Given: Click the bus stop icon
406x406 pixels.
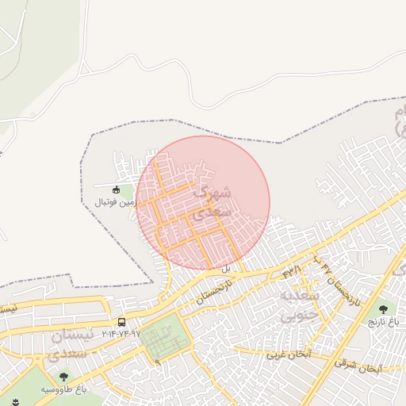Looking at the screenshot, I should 121,322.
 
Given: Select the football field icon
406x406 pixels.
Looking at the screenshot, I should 116,189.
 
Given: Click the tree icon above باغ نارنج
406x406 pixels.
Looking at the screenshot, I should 384,309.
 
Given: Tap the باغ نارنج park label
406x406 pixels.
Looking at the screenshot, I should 384,323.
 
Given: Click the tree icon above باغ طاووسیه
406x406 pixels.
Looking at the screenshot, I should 63,377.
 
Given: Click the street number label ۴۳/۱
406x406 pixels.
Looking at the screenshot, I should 293,272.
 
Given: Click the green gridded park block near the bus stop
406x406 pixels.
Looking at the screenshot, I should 167,337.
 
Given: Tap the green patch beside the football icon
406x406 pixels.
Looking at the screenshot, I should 127,192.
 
